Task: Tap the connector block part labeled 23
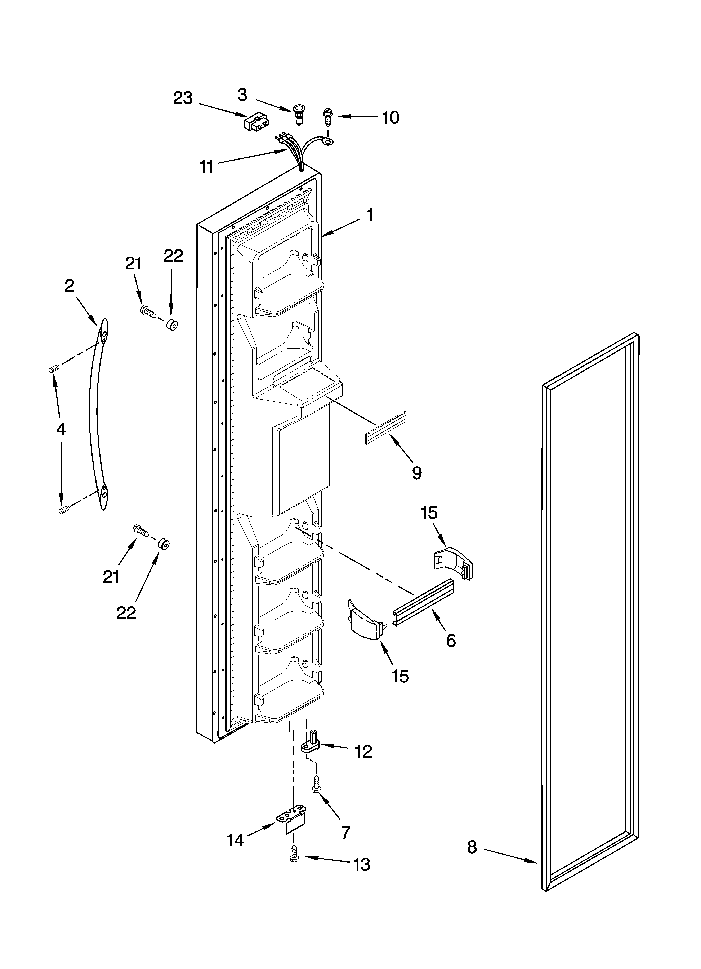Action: tap(256, 123)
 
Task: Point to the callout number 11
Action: tap(207, 166)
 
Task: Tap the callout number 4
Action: tap(61, 428)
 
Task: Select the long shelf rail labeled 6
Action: tap(423, 602)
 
